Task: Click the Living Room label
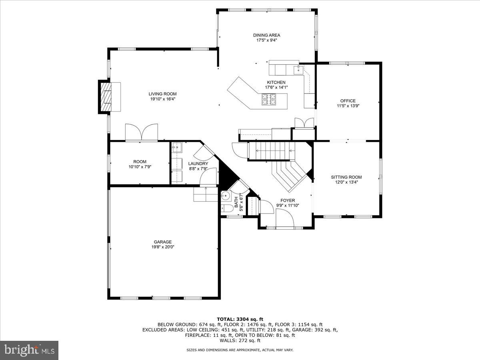(x=163, y=94)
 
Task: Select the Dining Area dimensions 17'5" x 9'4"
(x=266, y=40)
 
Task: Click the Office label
(x=348, y=101)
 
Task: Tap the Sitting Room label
(x=346, y=177)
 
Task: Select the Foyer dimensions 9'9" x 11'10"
(x=288, y=206)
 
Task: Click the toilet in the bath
(x=226, y=208)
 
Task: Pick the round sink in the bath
(x=226, y=196)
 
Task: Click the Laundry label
(x=198, y=164)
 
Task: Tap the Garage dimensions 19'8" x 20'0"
(x=162, y=247)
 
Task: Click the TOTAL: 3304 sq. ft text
(x=240, y=319)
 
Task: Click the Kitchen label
(x=276, y=82)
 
